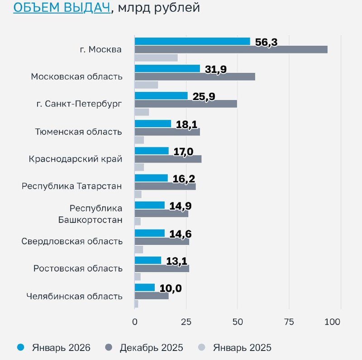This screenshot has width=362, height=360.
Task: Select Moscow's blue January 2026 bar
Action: (x=192, y=41)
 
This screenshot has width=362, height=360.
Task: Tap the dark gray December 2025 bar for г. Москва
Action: (x=231, y=49)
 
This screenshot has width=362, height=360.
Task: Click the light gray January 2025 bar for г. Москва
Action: (x=156, y=58)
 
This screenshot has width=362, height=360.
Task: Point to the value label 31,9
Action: (x=215, y=69)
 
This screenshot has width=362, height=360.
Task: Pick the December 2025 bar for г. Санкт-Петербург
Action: (x=186, y=104)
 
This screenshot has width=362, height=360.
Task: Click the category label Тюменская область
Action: (x=78, y=132)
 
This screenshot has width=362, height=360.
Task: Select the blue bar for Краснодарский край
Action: (x=152, y=151)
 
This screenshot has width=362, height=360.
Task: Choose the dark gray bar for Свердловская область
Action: (x=162, y=241)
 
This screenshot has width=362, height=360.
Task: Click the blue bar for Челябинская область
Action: (x=145, y=288)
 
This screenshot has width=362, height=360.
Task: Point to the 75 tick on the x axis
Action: (x=288, y=322)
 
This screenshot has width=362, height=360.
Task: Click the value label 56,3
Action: (x=266, y=42)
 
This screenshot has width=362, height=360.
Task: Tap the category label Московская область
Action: (x=76, y=77)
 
